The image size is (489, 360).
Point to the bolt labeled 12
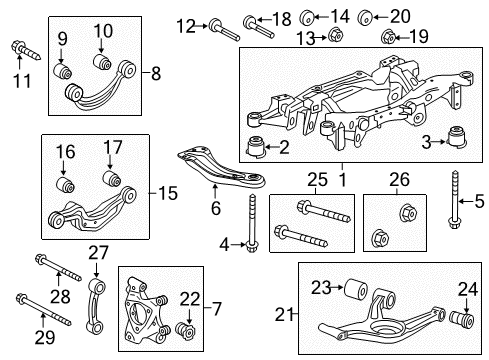pyautogui.click(x=222, y=27)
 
